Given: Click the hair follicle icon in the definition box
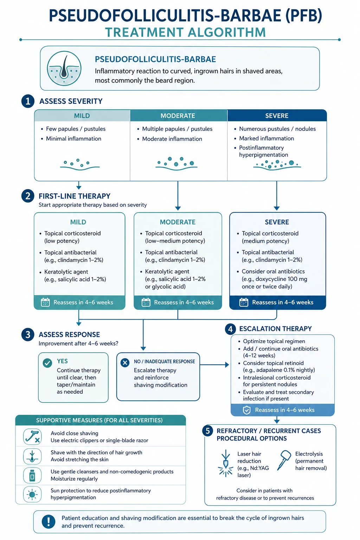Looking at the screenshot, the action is tap(64, 68).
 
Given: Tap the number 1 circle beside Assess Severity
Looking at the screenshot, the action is tap(28, 101).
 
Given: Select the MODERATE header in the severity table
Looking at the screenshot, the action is tap(178, 116).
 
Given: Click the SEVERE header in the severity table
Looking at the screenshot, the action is tap(277, 116).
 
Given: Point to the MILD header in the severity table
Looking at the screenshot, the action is tap(82, 116).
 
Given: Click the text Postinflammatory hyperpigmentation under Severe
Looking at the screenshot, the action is tap(264, 151).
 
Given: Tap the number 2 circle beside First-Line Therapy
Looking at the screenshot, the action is tap(28, 196).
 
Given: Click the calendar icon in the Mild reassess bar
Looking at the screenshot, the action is tap(45, 302).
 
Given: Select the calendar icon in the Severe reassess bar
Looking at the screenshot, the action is tap(244, 302).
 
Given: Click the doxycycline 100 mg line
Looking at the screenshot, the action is tap(275, 279).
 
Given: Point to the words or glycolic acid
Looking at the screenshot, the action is tap(165, 287).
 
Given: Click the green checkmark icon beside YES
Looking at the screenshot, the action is tap(47, 363).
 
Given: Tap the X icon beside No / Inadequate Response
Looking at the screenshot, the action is tap(125, 362).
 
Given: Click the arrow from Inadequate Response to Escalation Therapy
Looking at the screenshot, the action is tap(214, 365).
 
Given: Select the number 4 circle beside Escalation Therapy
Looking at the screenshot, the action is tap(230, 329).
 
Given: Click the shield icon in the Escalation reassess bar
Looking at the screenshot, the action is tap(247, 410).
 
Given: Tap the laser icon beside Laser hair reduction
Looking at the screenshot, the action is tap(226, 463).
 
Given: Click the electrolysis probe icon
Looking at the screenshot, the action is tap(284, 460).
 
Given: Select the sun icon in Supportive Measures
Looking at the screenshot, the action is tap(32, 494).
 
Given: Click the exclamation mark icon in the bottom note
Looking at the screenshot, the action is tap(49, 522).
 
